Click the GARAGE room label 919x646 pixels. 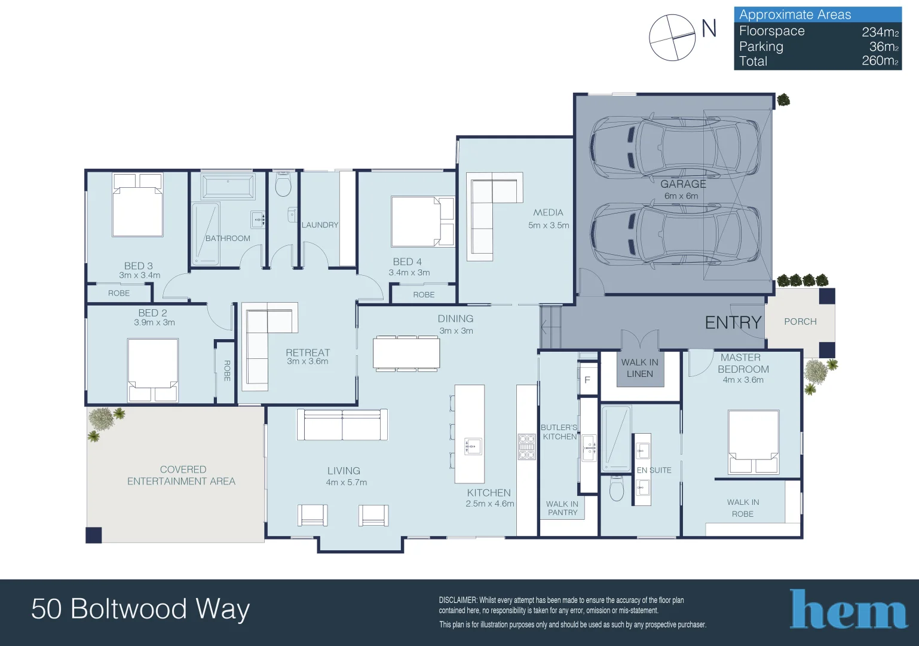click(x=683, y=184)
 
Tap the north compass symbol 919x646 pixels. click(x=673, y=38)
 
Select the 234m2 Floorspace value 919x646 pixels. click(x=880, y=32)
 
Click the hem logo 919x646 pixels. click(x=848, y=610)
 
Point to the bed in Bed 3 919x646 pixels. click(x=137, y=205)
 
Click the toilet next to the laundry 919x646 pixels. click(x=283, y=185)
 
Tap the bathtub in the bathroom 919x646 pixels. click(x=228, y=187)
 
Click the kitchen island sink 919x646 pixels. click(x=473, y=446)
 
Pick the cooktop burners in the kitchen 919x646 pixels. click(x=526, y=447)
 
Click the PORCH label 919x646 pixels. click(x=800, y=322)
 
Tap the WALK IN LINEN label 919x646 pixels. click(x=639, y=368)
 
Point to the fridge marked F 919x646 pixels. click(x=587, y=380)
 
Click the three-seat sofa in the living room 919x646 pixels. click(x=342, y=425)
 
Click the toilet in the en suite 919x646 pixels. click(x=617, y=489)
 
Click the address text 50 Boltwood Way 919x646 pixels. click(x=140, y=609)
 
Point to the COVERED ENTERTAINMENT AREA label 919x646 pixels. click(x=182, y=476)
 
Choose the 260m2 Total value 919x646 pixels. click(x=880, y=61)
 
